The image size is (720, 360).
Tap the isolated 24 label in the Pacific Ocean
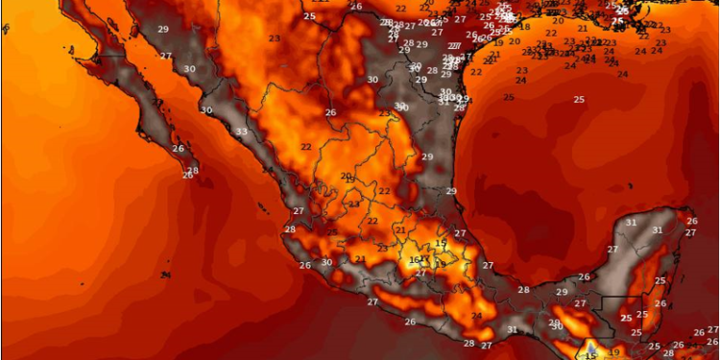coord(165,276)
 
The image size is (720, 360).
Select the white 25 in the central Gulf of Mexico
coord(578,99)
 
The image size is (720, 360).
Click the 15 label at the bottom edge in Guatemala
coord(590,354)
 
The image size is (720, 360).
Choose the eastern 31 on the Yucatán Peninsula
coord(657,230)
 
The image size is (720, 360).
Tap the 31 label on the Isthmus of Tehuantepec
coord(512,329)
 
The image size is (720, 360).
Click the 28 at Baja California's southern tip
coord(193,172)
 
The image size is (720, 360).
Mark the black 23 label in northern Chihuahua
coord(275,38)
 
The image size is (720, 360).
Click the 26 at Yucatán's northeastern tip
coord(691,221)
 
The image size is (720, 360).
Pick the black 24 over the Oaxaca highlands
coord(476,316)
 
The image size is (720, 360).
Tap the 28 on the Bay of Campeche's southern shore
coord(523,289)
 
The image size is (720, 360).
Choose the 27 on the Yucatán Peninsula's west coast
coord(612,250)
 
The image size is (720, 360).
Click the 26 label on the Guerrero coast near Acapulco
coord(410,322)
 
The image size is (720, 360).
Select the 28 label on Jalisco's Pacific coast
coord(290,228)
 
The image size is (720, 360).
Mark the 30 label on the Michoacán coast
coord(326,262)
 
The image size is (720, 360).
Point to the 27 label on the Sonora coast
coord(165,56)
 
